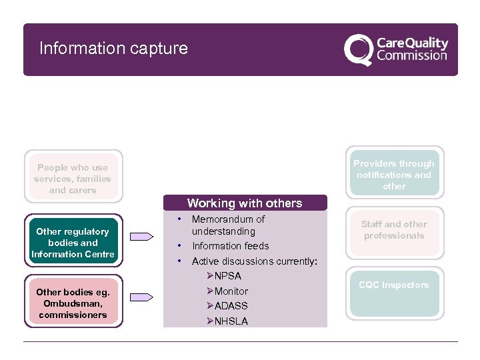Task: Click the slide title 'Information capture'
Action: click(x=113, y=49)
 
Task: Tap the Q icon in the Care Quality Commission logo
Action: click(x=358, y=49)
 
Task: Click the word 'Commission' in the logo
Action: click(x=411, y=56)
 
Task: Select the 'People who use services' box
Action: click(x=73, y=179)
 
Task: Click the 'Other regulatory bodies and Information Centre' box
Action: click(x=73, y=243)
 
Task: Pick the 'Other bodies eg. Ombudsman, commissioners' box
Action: click(x=73, y=303)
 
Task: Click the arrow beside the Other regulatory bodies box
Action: click(x=141, y=237)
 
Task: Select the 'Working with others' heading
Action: click(x=245, y=203)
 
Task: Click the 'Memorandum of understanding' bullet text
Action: click(x=228, y=225)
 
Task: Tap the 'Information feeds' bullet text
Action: click(x=230, y=246)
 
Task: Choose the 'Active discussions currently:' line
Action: click(x=254, y=261)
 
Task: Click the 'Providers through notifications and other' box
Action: click(x=394, y=175)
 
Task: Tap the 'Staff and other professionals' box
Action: click(x=394, y=230)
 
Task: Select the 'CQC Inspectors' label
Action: click(x=394, y=285)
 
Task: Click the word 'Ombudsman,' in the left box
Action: click(x=73, y=303)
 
